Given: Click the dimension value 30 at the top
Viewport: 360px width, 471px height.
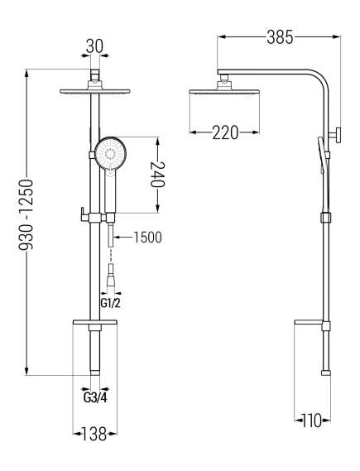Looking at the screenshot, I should click(x=98, y=47).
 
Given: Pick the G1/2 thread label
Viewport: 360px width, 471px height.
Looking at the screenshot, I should click(x=110, y=302).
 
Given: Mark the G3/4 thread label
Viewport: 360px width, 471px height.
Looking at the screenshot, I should click(x=95, y=396).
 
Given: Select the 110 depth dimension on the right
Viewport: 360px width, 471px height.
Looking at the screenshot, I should click(x=310, y=421).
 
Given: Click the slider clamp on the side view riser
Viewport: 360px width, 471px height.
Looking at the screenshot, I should click(x=327, y=219).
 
